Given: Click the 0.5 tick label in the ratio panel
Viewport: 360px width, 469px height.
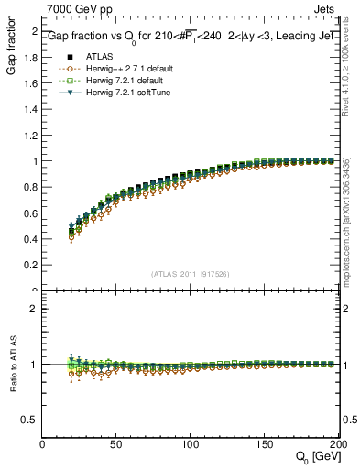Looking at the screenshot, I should (x=29, y=420).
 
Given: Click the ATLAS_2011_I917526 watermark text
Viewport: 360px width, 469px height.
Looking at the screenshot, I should (x=191, y=274).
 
